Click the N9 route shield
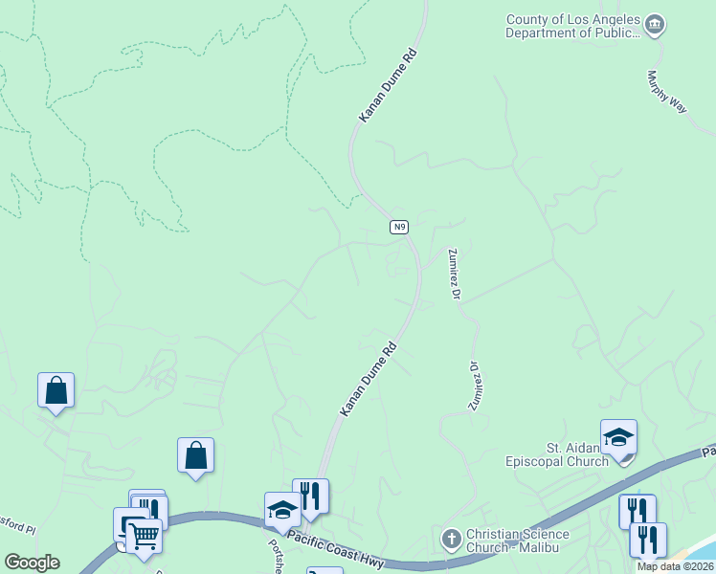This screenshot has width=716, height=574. click(x=400, y=227)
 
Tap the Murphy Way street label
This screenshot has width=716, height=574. click(x=666, y=93)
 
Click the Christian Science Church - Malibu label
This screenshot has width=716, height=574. click(x=517, y=541)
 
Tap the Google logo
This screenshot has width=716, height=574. click(x=32, y=563)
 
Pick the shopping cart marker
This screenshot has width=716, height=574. click(x=144, y=537)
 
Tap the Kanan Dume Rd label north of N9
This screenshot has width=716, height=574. click(x=389, y=87)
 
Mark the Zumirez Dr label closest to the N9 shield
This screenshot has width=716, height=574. click(x=455, y=273)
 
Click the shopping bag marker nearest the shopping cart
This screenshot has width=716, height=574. click(x=195, y=456)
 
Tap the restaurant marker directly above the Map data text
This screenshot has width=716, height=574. click(x=648, y=540)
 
